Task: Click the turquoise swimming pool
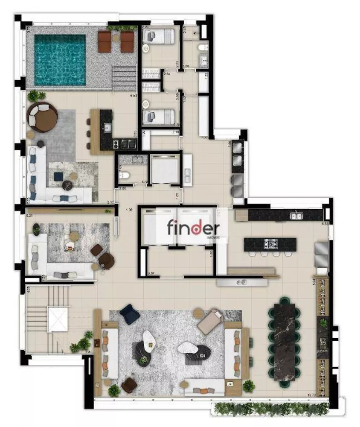[x=60, y=60]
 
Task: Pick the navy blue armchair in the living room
[x=130, y=314]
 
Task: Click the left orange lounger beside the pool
[x=105, y=42]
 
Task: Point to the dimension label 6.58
[x=325, y=223]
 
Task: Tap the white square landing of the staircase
[x=58, y=319]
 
